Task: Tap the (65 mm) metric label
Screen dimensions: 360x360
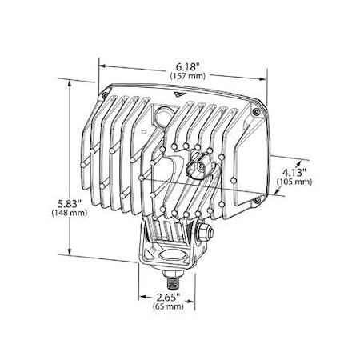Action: pos(170,306)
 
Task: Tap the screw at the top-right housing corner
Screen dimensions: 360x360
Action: pos(254,113)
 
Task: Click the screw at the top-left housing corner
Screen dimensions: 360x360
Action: pos(110,90)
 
